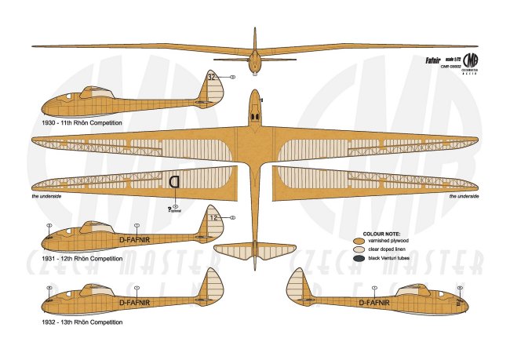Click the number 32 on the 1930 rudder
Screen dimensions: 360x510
pyautogui.click(x=213, y=77)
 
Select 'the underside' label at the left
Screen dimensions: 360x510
pyautogui.click(x=46, y=196)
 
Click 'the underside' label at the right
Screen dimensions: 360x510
pyautogui.click(x=464, y=196)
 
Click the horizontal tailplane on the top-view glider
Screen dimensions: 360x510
pyautogui.click(x=255, y=250)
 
